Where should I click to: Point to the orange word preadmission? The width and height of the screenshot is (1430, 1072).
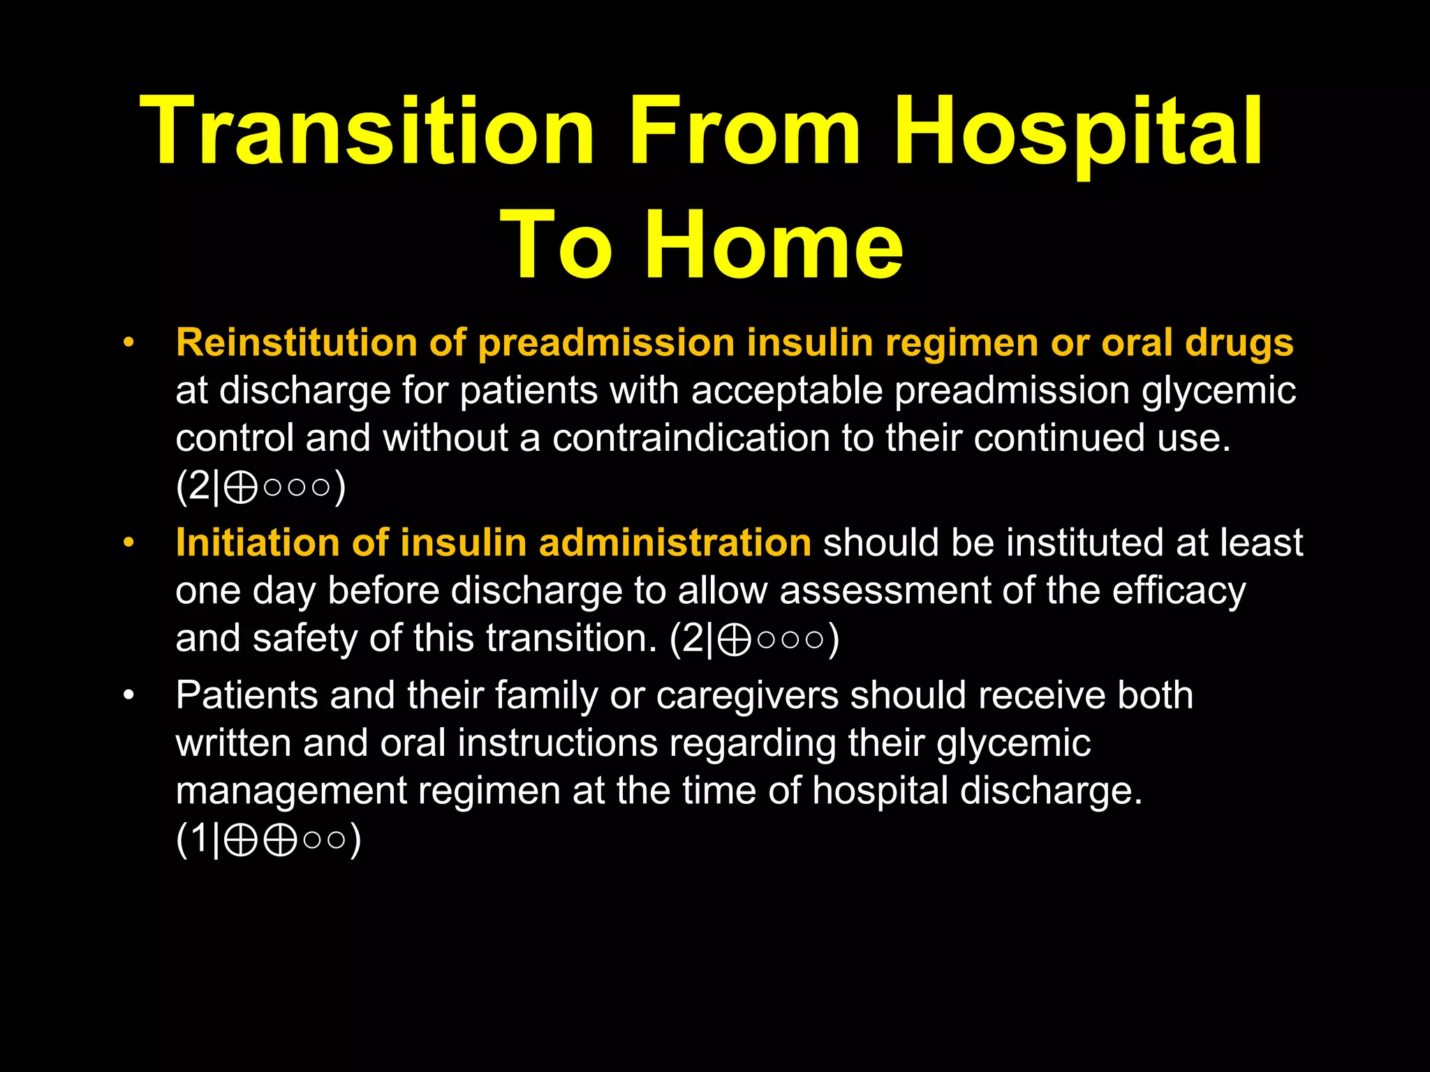click(x=606, y=343)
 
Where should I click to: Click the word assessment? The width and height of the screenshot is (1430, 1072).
click(x=885, y=590)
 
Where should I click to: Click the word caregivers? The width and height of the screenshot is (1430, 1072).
click(x=747, y=695)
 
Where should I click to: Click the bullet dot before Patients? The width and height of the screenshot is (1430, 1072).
click(x=128, y=695)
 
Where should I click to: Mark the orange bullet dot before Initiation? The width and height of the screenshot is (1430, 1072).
click(x=128, y=542)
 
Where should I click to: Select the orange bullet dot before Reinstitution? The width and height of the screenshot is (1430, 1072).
click(x=128, y=343)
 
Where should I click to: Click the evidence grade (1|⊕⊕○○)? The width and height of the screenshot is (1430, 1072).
click(x=268, y=838)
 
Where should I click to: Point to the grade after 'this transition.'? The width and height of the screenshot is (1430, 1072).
click(x=754, y=638)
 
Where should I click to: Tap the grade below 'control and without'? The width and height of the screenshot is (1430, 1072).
click(x=260, y=486)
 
